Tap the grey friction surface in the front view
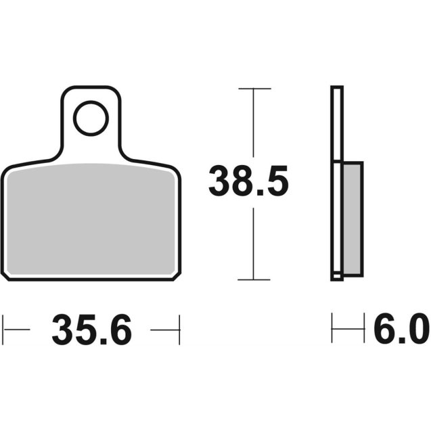click(91, 220)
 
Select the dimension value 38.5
click(248, 182)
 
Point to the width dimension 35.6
click(91, 330)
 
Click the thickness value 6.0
click(401, 330)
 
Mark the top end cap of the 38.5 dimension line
click(253, 89)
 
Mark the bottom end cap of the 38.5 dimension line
click(253, 279)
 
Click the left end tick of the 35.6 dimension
click(3, 330)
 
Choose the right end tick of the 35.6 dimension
click(179, 330)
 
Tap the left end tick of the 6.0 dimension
click(332, 330)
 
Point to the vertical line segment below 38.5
click(253, 244)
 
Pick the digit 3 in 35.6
click(64, 330)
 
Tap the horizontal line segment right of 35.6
click(165, 330)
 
